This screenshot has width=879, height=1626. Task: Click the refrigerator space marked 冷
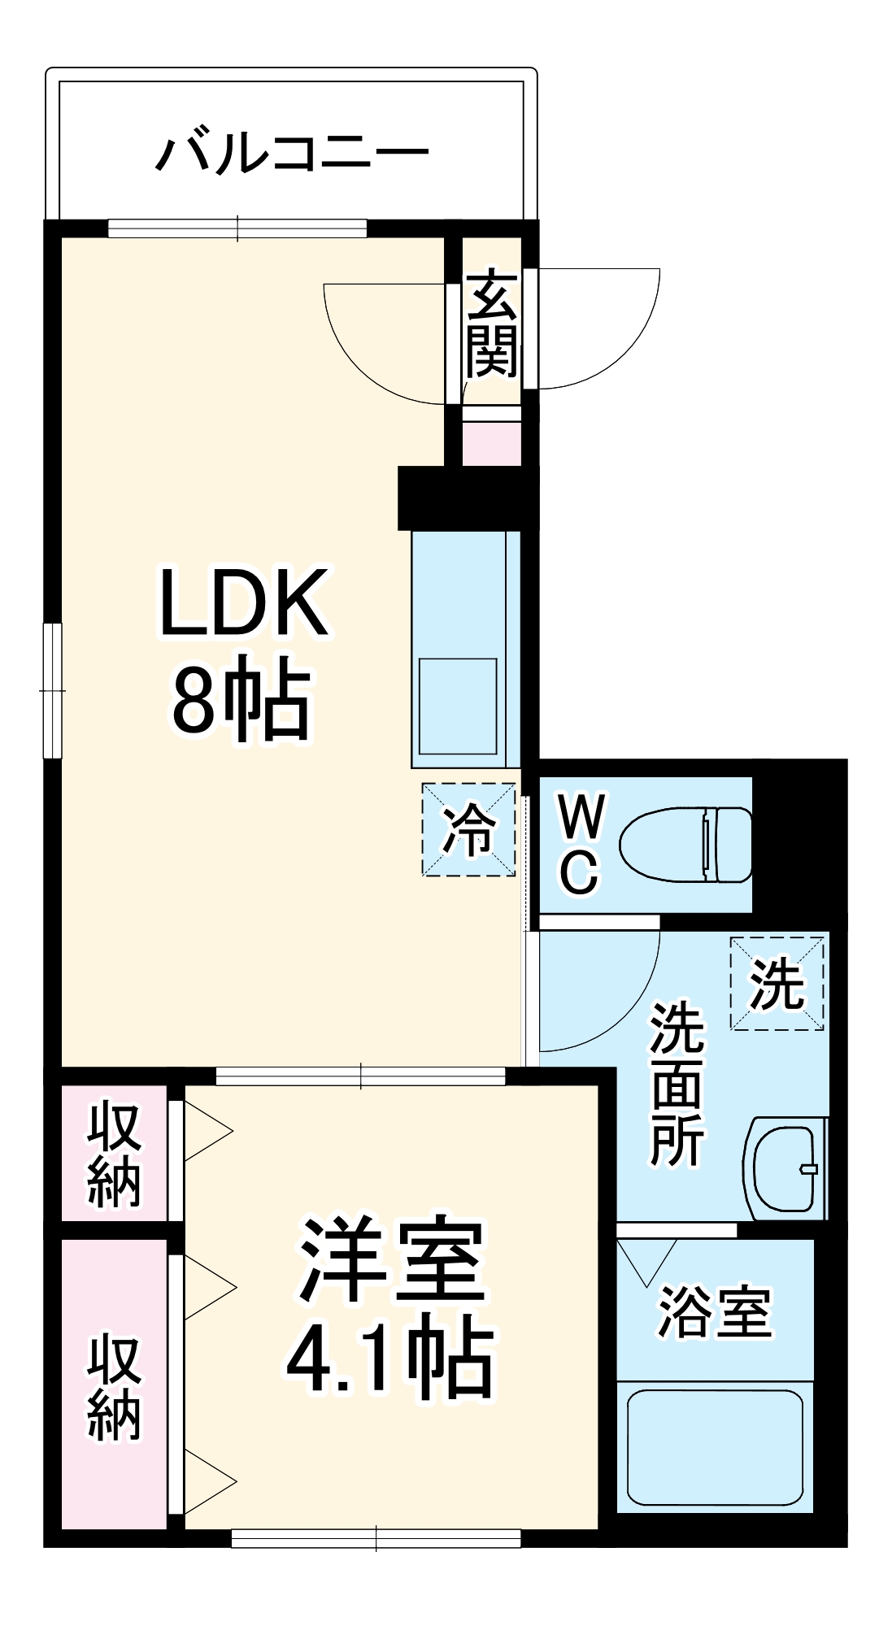468,829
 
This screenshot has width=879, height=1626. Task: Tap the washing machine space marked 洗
777,984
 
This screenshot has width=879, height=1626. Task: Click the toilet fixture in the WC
687,844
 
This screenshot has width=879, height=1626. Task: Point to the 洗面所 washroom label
677,1085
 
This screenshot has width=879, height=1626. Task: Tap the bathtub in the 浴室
715,1448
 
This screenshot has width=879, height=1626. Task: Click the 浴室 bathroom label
715,1311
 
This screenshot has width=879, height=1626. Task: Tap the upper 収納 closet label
115,1154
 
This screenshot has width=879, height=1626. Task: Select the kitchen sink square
457,706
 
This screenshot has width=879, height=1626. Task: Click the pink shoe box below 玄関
492,444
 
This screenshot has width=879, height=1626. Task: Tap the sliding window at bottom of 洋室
376,1538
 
